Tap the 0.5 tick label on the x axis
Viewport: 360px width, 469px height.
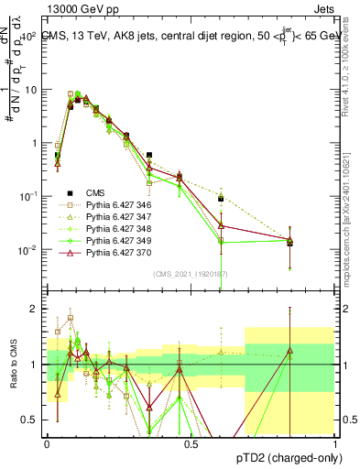click(191, 442)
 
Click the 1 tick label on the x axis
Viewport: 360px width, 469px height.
click(335, 442)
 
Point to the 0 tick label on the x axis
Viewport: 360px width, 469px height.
click(47, 442)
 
